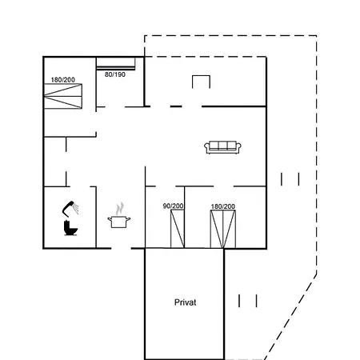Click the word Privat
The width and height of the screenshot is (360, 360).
click(x=185, y=302)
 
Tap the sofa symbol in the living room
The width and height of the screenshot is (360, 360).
click(x=222, y=147)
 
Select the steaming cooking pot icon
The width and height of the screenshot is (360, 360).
click(x=119, y=215)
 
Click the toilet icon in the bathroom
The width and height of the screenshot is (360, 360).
click(x=70, y=228)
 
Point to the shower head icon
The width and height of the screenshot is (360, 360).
click(x=70, y=208)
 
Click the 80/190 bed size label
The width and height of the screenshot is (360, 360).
click(x=115, y=74)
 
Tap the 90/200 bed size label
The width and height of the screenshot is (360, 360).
click(x=173, y=206)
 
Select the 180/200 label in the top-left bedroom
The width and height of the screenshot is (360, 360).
click(x=63, y=80)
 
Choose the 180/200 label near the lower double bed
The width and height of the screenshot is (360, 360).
click(x=223, y=206)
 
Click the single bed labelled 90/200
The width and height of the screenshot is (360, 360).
click(x=178, y=229)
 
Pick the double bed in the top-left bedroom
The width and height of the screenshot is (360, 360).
click(x=63, y=96)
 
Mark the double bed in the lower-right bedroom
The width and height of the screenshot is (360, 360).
click(x=223, y=230)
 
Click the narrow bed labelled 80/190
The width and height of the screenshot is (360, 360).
click(x=115, y=64)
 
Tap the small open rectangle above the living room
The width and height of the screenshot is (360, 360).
click(x=201, y=76)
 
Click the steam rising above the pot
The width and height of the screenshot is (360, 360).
click(x=120, y=209)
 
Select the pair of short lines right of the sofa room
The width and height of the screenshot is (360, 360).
click(x=290, y=179)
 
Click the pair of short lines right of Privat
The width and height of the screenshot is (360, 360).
click(x=248, y=301)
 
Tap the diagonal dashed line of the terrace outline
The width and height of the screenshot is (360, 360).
click(x=290, y=317)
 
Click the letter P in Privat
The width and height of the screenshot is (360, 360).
click(x=177, y=302)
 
